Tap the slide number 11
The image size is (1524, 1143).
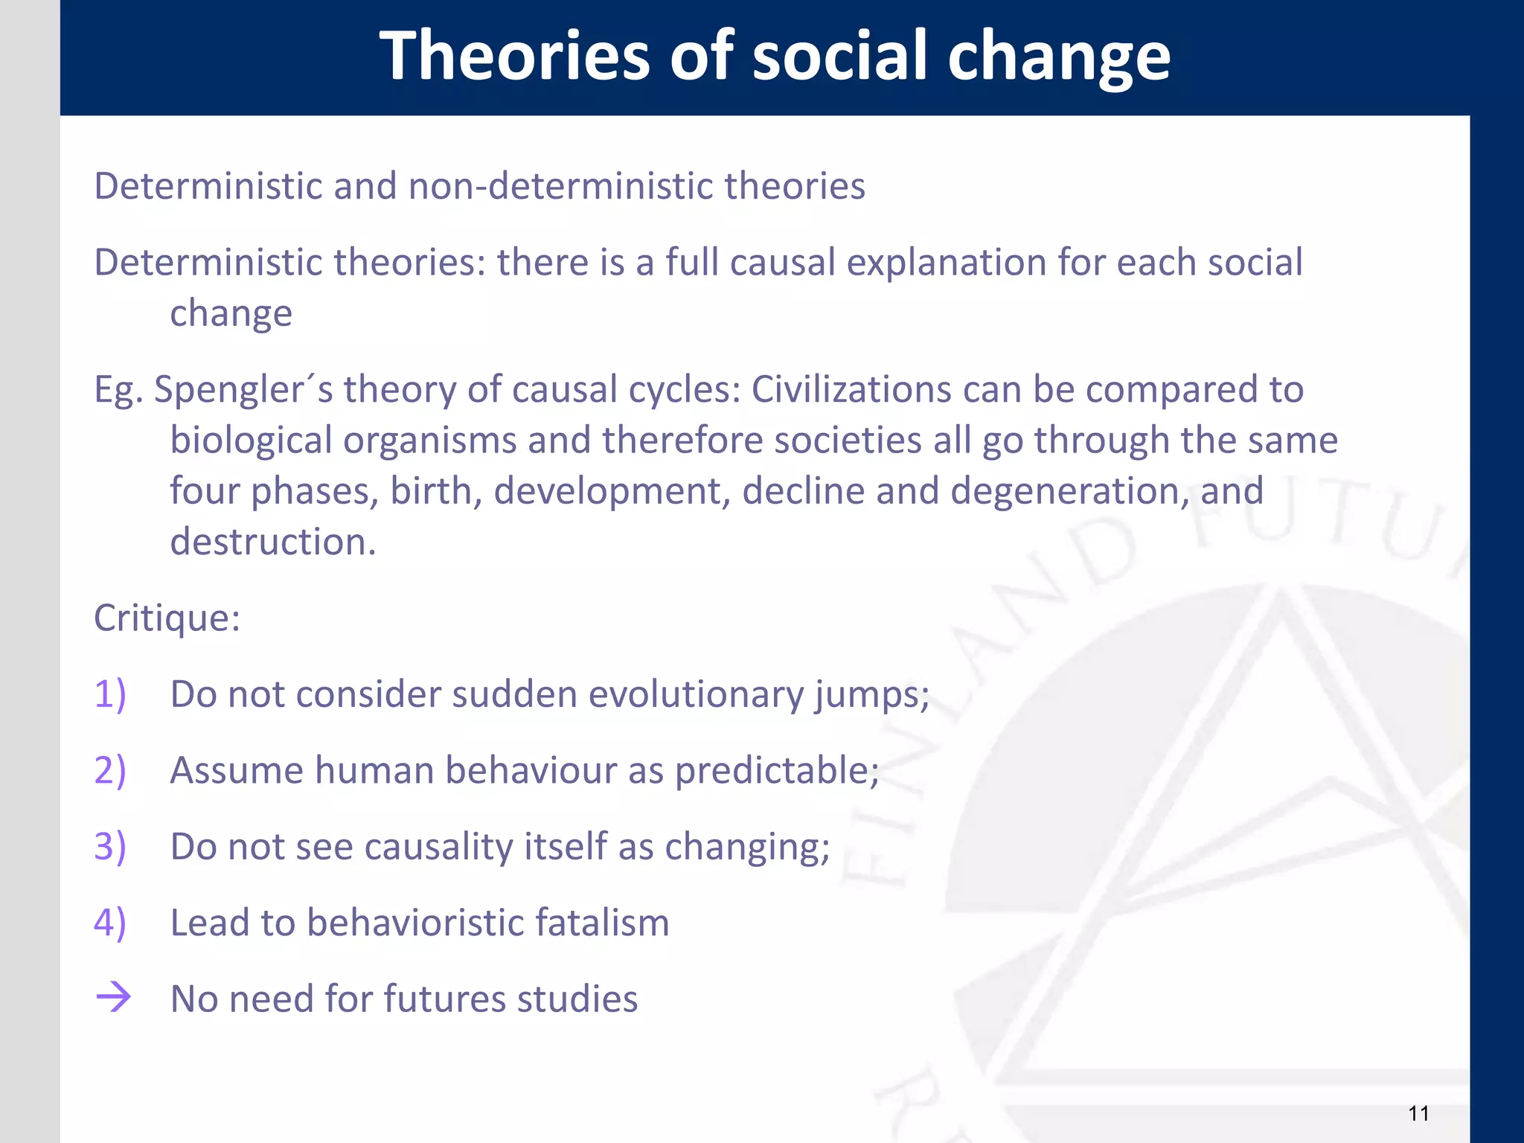[1418, 1113]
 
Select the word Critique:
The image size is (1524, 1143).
[167, 618]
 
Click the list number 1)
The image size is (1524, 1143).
[110, 694]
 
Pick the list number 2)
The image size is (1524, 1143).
[110, 770]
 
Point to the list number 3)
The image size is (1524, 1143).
[110, 847]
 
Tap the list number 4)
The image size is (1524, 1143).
[110, 923]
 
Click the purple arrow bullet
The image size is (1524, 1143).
[113, 997]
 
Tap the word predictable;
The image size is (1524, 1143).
[777, 771]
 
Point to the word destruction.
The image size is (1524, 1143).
[272, 542]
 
